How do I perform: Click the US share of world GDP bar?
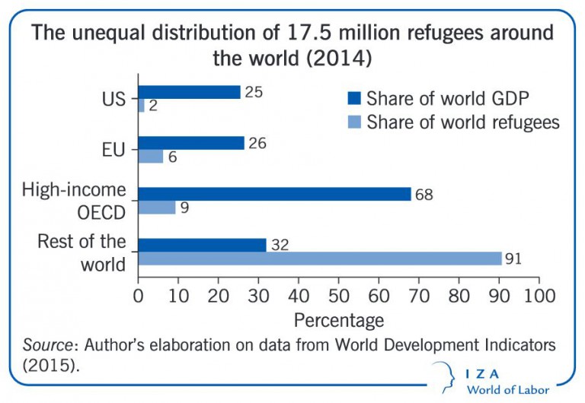(x=189, y=92)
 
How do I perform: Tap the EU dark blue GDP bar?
(x=191, y=143)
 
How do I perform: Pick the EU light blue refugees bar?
(x=150, y=157)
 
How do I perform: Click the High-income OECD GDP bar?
(x=274, y=194)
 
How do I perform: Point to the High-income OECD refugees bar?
(x=156, y=207)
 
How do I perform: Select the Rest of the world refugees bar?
(x=320, y=259)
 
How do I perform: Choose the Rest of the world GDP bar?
(x=202, y=245)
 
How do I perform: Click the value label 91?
(x=513, y=259)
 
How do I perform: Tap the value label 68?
(x=423, y=195)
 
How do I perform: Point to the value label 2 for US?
(x=152, y=106)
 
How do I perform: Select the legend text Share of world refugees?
(x=463, y=122)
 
